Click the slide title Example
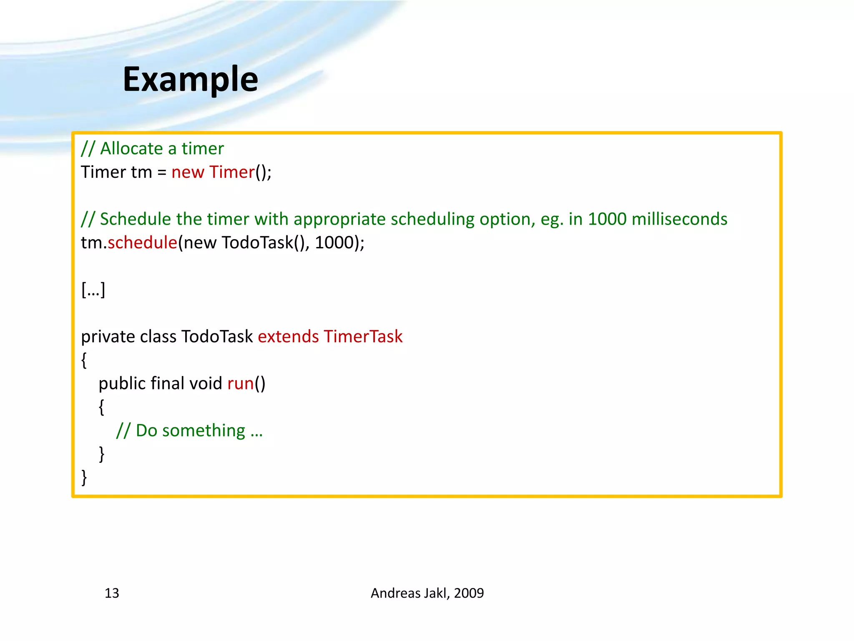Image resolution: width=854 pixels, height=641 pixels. click(191, 79)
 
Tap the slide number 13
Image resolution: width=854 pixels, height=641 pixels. click(112, 593)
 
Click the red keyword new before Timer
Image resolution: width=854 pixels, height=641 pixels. click(188, 172)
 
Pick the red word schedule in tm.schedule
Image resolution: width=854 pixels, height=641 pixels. click(142, 242)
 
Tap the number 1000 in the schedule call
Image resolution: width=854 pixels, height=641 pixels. click(334, 242)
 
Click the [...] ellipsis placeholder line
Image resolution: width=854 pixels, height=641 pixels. click(93, 290)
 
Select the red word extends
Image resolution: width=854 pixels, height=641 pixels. click(288, 336)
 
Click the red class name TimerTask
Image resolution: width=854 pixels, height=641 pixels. click(363, 336)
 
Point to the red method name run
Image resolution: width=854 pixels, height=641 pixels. click(241, 384)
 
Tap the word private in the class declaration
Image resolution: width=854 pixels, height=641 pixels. click(108, 336)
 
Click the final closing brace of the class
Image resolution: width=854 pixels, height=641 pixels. click(84, 477)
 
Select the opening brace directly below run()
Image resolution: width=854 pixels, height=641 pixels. click(101, 407)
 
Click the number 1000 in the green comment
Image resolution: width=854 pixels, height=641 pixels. click(607, 219)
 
